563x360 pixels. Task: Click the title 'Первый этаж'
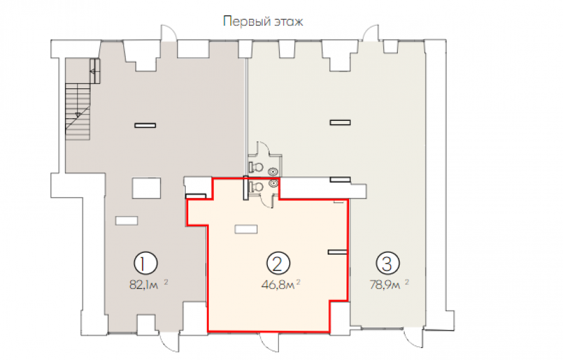point(263,21)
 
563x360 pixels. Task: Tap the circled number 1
point(145,264)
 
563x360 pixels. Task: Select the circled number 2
point(278,264)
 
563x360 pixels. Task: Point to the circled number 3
point(388,264)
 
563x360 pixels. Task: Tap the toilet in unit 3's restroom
point(256,167)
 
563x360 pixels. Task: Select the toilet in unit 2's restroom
point(256,187)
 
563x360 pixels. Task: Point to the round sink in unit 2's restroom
point(273,183)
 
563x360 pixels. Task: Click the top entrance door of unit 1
point(169,33)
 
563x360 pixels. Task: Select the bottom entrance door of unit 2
point(269,342)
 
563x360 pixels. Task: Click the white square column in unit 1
point(146,188)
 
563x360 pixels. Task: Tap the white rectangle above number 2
point(246,229)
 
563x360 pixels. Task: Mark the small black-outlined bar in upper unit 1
point(145,125)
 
